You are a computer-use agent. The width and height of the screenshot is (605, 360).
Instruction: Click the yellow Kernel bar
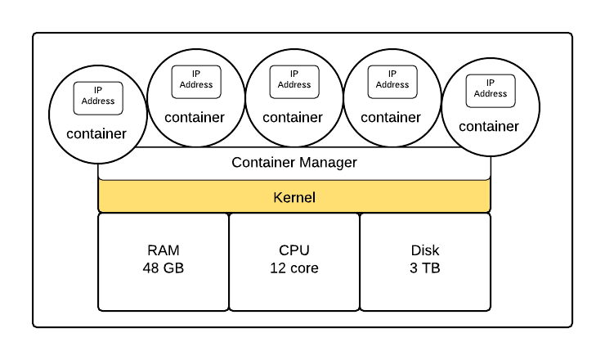(x=294, y=196)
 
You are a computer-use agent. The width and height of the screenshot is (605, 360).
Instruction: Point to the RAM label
(x=164, y=250)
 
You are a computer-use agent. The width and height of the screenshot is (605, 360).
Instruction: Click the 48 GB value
(x=164, y=268)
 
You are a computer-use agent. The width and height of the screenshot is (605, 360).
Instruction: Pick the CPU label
(x=294, y=250)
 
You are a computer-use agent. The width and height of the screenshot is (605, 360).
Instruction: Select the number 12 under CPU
(x=277, y=268)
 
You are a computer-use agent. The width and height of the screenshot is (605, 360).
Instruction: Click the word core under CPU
(x=303, y=268)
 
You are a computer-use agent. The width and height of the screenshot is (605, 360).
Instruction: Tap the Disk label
(x=425, y=250)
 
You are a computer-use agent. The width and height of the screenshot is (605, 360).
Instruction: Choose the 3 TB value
(x=425, y=268)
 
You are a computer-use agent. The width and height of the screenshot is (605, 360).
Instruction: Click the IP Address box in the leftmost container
(x=98, y=98)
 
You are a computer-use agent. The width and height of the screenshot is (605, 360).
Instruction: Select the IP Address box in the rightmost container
(x=491, y=91)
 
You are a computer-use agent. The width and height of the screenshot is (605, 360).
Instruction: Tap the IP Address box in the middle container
(x=294, y=82)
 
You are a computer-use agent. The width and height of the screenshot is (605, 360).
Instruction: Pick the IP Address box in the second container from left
(x=196, y=82)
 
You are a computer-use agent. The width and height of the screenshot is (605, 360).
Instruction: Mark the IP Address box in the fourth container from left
(x=392, y=82)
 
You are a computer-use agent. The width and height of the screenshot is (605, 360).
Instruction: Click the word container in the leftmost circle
(x=96, y=133)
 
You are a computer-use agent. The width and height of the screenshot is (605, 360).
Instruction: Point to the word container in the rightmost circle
(x=489, y=126)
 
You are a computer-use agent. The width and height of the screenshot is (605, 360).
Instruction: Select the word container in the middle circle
(x=293, y=118)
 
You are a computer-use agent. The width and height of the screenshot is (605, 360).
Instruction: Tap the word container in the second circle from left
(x=195, y=118)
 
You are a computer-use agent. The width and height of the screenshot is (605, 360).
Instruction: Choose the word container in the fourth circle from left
(x=391, y=118)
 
